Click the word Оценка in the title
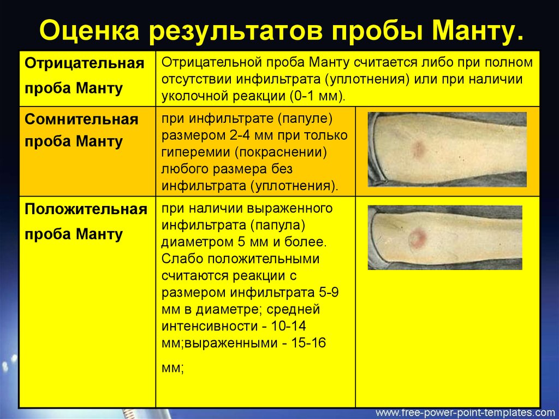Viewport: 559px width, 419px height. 90,31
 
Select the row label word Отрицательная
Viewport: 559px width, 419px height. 85,64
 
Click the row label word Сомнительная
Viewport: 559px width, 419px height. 81,119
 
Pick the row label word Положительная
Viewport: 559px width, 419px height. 86,210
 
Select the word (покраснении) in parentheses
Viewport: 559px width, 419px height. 281,152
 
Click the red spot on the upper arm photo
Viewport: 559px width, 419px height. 418,149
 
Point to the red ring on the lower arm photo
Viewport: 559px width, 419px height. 417,237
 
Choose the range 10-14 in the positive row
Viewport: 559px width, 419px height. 288,326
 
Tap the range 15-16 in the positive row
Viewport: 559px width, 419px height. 308,343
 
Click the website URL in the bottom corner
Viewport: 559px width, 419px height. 463,412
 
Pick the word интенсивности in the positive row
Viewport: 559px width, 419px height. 213,326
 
